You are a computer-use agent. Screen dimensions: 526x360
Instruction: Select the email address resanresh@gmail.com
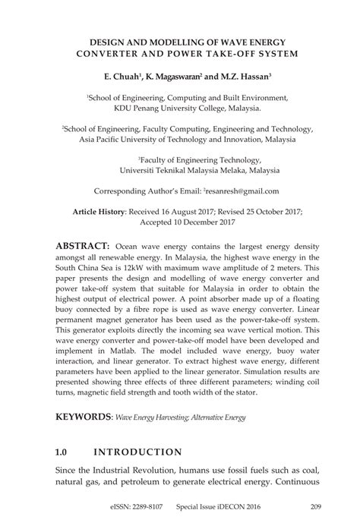point(241,191)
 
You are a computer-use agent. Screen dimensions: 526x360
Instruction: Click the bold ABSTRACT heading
point(83,247)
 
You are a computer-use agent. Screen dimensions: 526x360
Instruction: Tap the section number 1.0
point(63,452)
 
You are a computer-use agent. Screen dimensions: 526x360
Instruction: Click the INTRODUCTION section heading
point(137,452)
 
